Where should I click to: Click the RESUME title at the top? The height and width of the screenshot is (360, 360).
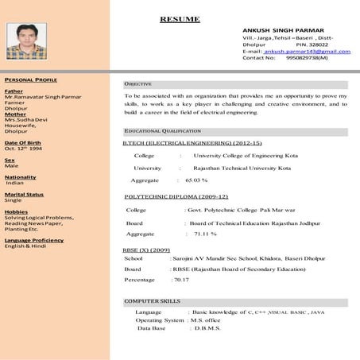[x=180, y=19]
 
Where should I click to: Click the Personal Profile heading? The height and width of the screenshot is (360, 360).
[x=30, y=80]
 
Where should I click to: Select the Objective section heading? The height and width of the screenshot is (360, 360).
[x=137, y=83]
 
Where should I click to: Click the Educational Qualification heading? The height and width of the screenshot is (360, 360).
[x=162, y=130]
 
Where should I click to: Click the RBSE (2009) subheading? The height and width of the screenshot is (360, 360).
[x=146, y=250]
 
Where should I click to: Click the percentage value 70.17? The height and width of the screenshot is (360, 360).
[x=181, y=279]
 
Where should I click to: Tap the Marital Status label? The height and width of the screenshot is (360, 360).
[x=24, y=194]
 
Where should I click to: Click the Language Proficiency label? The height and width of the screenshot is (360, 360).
[x=33, y=239]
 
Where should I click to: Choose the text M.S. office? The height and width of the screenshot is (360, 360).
[x=207, y=320]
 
